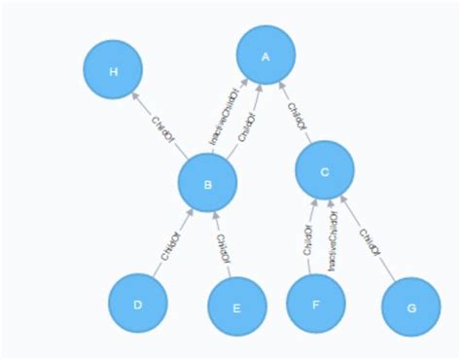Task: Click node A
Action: tap(265, 57)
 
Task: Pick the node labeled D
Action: tap(138, 304)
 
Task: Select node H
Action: tap(114, 71)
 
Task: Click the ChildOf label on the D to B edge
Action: tap(171, 245)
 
